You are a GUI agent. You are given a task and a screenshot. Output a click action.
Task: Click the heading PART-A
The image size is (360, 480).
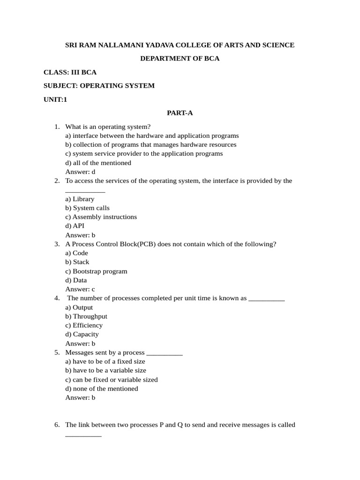tap(180, 112)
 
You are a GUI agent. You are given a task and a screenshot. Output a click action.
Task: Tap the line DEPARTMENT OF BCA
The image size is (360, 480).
tap(180, 59)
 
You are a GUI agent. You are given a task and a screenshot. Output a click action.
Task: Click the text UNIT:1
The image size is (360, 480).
tap(55, 99)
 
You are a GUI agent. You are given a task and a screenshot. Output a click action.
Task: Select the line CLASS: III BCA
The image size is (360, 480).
tap(70, 72)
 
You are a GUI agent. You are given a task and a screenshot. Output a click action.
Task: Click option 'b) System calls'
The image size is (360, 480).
tap(87, 208)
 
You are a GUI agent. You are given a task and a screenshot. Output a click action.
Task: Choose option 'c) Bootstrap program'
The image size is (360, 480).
tap(96, 271)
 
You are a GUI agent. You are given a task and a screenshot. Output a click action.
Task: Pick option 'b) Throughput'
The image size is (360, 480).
tap(86, 316)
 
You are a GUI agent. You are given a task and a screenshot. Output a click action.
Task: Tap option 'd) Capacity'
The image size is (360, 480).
tap(82, 334)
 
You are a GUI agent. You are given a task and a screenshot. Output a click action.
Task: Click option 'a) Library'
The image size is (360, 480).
tap(80, 199)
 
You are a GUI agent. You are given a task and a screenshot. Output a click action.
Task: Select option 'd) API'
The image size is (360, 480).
tap(75, 226)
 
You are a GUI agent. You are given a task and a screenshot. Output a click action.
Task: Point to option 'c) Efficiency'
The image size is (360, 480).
tap(84, 325)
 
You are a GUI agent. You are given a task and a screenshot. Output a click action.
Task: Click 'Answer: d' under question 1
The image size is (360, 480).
tap(80, 172)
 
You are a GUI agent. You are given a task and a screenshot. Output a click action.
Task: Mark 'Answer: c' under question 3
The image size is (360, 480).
tap(80, 289)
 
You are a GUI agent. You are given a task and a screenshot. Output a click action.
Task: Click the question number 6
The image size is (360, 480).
tap(57, 425)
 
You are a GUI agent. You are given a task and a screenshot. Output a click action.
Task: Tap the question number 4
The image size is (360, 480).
tap(57, 298)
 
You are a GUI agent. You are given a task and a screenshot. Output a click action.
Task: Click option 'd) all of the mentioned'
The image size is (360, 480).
tap(98, 163)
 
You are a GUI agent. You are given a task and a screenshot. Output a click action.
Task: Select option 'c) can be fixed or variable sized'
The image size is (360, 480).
tap(112, 380)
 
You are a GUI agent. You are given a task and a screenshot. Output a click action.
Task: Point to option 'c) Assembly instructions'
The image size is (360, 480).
tap(101, 217)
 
